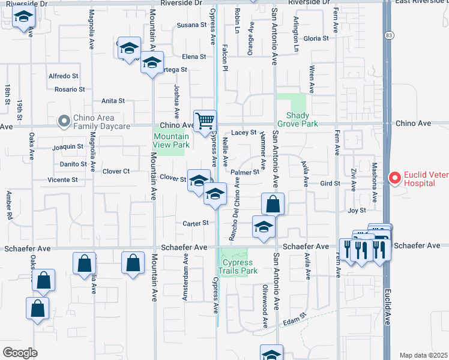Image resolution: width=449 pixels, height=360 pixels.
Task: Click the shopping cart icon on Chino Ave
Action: [205, 121]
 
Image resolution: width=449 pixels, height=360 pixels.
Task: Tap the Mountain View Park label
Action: [171, 140]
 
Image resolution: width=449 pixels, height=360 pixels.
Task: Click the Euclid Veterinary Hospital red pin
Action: [394, 178]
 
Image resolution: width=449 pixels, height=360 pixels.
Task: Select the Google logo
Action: [20, 353]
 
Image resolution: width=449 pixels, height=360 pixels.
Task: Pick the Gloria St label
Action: [316, 38]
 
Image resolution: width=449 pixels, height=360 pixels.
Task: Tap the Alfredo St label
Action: [64, 76]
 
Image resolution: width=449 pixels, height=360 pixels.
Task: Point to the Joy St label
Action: [357, 211]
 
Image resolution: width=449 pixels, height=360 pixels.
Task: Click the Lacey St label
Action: [244, 132]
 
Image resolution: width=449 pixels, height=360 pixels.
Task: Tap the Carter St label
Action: [196, 223]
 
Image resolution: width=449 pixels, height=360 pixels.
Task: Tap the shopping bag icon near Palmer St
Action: [273, 203]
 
